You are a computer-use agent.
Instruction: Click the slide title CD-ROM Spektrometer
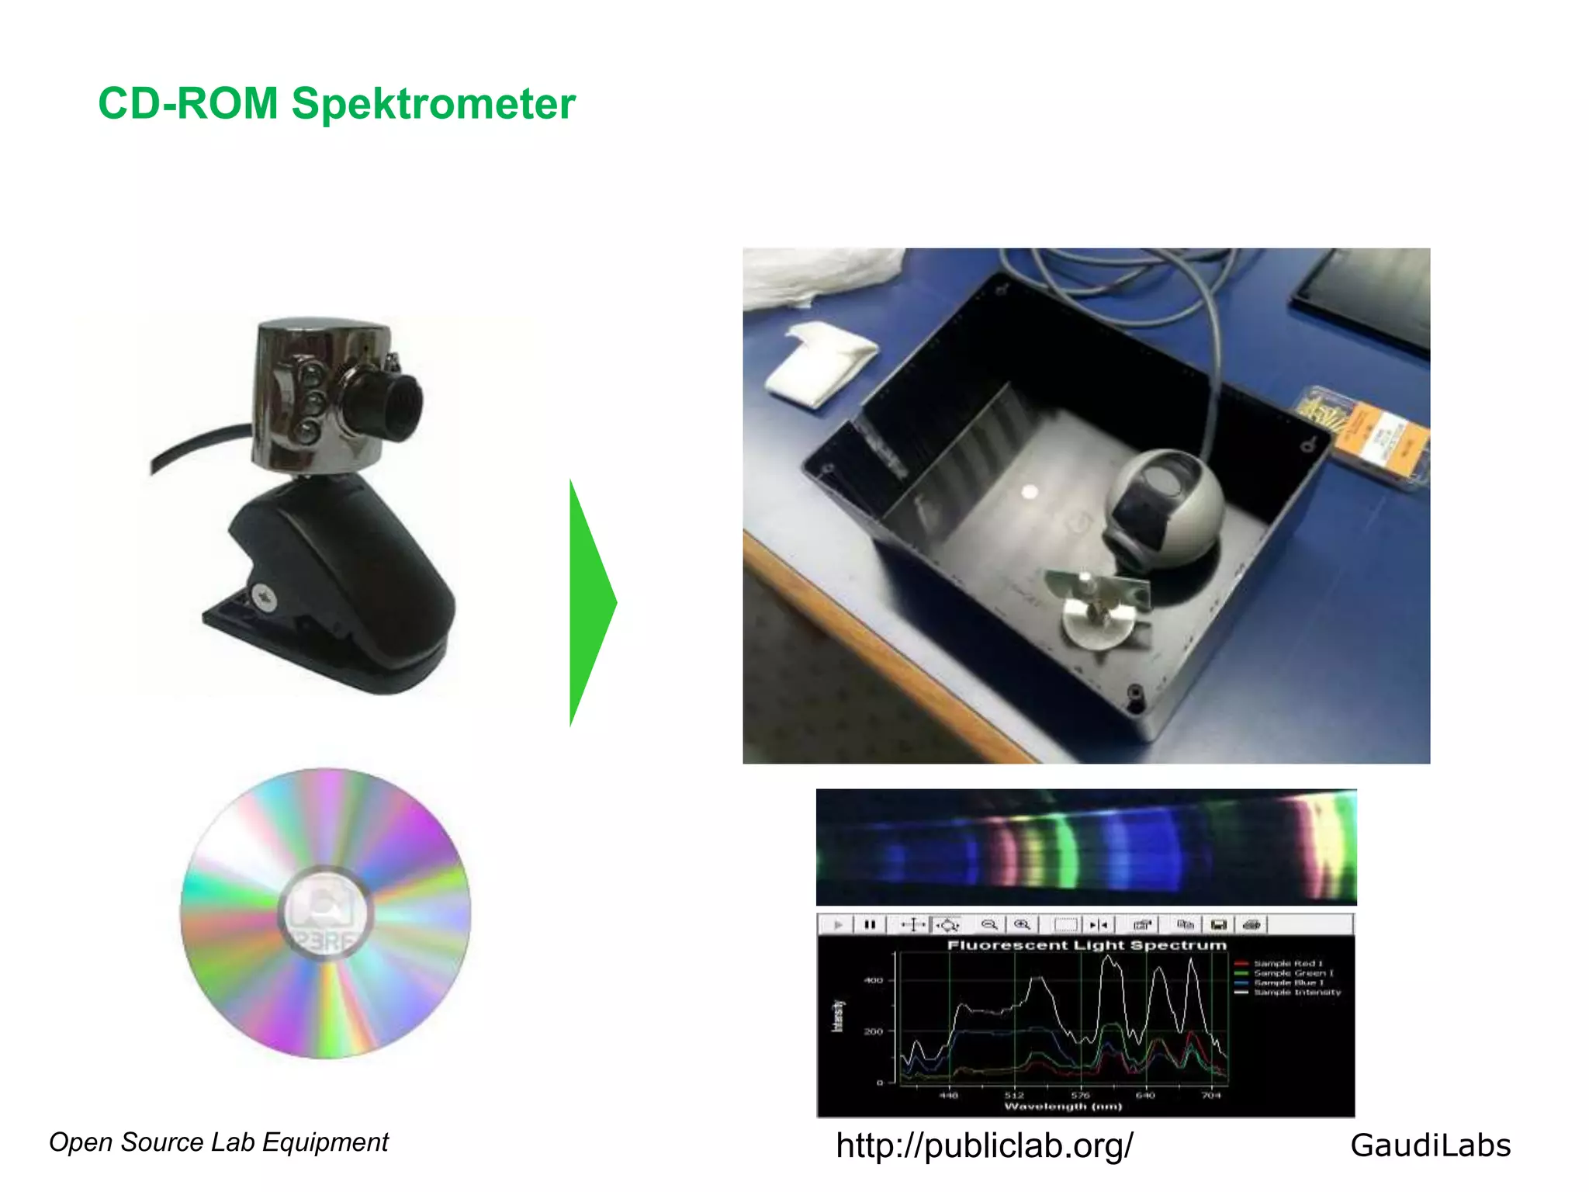coord(337,104)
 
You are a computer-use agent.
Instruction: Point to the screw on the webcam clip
coord(263,597)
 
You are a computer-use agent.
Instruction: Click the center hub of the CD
coord(326,913)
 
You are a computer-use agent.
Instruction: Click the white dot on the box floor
coord(1030,491)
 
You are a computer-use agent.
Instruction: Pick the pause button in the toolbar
coord(870,924)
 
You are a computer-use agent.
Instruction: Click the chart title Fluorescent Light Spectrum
coord(1086,945)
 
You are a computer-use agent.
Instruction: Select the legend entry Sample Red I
coord(1288,964)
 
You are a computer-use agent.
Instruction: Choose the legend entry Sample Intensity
coord(1296,993)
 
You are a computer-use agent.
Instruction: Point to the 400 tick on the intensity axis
coord(874,981)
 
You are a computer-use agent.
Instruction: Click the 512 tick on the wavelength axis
coord(1014,1095)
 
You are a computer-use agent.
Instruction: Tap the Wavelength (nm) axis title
coord(1063,1107)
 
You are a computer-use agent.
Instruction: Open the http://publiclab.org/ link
coord(985,1145)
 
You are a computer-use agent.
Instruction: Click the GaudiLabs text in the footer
coord(1430,1145)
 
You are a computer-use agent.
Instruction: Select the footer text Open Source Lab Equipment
coord(219,1142)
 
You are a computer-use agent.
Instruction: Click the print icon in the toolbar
coord(1251,924)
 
